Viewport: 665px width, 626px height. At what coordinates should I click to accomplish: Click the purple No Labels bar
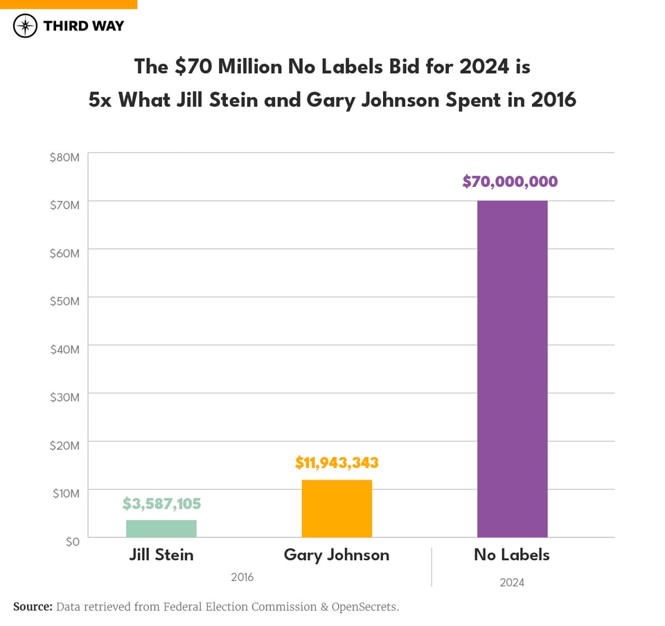[512, 368]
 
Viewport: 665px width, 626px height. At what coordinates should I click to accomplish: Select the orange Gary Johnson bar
[337, 508]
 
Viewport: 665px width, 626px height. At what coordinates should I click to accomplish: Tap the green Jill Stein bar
[161, 528]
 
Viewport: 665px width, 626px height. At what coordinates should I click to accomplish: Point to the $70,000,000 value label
[510, 182]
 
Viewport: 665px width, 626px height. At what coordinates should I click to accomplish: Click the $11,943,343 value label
[337, 462]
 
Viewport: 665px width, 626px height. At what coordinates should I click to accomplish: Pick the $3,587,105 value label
[161, 503]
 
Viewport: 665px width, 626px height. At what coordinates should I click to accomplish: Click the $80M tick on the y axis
[65, 157]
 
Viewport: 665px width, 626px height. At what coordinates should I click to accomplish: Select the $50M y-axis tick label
[65, 301]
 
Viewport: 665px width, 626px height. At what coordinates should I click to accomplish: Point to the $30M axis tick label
[65, 397]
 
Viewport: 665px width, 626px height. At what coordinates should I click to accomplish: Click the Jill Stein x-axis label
[161, 555]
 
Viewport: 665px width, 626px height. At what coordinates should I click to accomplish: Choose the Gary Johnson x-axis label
[337, 555]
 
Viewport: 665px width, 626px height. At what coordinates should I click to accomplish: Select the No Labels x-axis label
[512, 555]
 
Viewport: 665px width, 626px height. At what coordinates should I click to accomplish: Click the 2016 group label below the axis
[242, 577]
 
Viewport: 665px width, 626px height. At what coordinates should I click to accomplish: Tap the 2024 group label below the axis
[512, 582]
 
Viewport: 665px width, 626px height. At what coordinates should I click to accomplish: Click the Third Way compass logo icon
[25, 26]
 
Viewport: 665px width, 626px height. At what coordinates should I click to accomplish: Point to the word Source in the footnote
[33, 607]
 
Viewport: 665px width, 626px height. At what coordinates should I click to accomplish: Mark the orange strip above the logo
[69, 4]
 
